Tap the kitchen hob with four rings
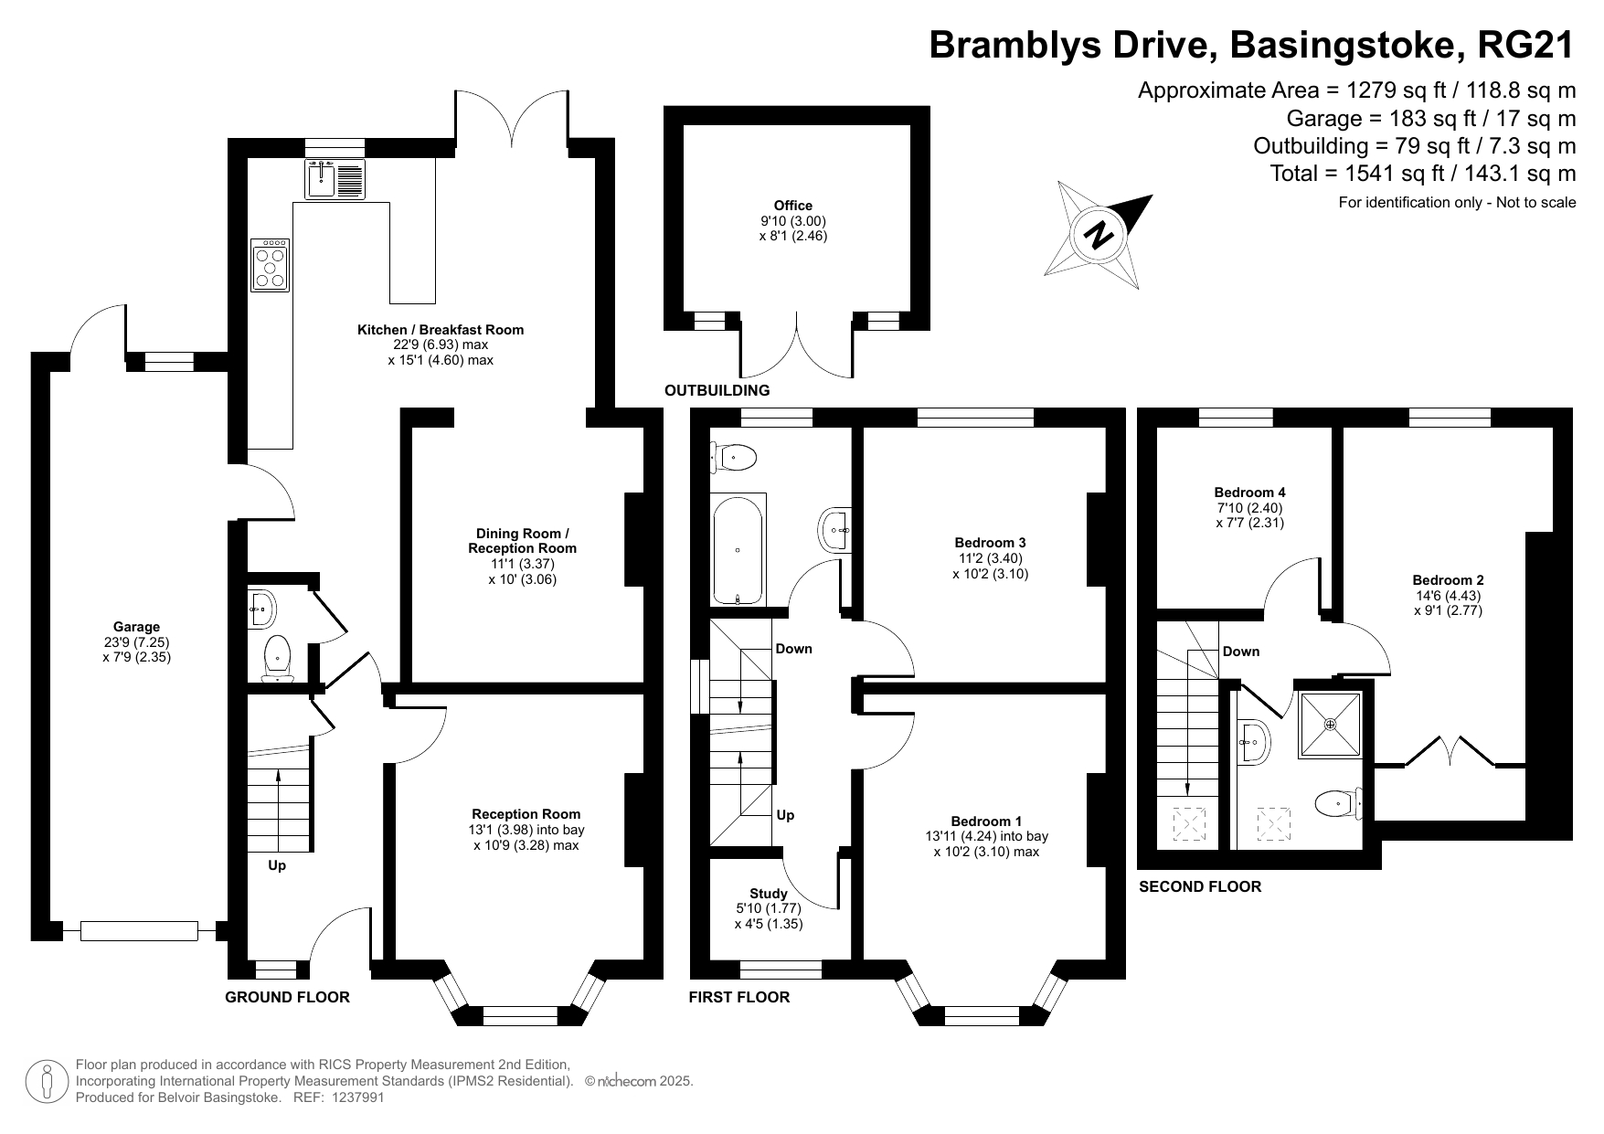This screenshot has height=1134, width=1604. [270, 265]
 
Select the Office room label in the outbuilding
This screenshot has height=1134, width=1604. [792, 206]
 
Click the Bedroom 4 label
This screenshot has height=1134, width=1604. [1249, 493]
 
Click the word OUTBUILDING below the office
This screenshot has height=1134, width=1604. [717, 391]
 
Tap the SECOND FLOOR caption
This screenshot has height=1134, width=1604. [1199, 886]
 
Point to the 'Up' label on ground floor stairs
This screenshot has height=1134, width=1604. [277, 865]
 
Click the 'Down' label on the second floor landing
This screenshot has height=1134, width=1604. [1240, 652]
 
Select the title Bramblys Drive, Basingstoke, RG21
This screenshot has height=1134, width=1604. [1251, 44]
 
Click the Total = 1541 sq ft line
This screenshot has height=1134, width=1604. [1422, 174]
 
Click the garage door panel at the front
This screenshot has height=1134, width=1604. [139, 931]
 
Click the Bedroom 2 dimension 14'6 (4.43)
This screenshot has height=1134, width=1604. [1448, 596]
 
